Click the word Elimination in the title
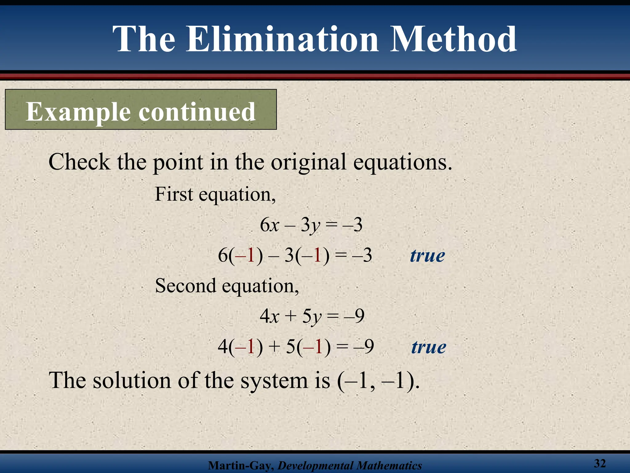[282, 39]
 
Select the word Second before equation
[185, 285]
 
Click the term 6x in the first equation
[269, 225]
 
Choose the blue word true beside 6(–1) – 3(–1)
[427, 256]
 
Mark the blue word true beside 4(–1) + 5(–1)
[429, 347]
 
